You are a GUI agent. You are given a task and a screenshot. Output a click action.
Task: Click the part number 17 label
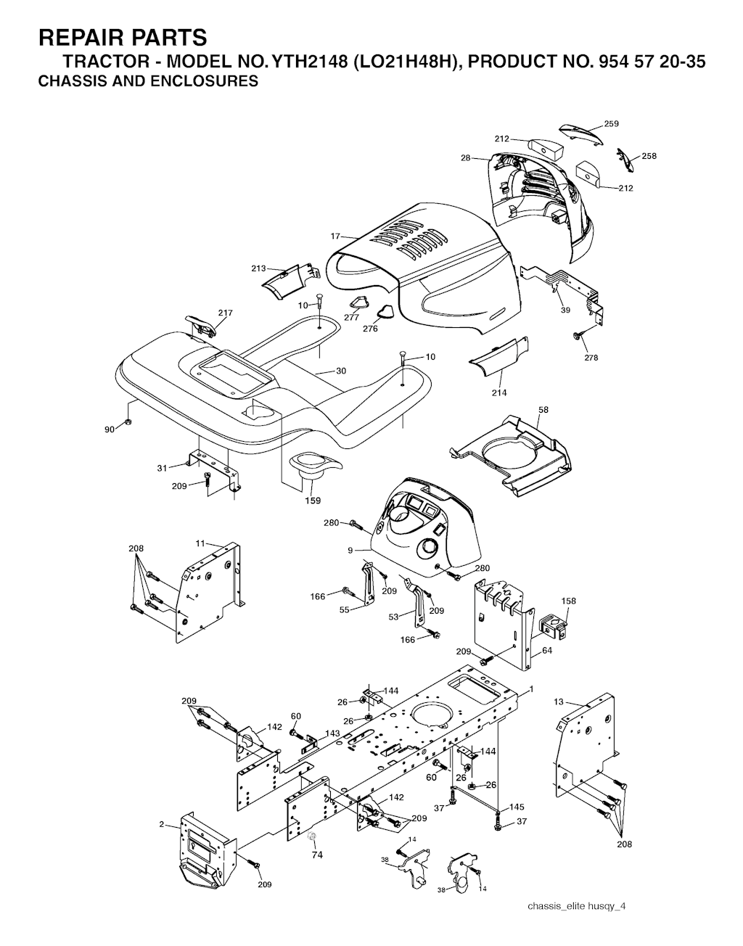pos(335,236)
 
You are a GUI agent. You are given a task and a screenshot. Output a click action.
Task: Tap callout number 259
pos(611,123)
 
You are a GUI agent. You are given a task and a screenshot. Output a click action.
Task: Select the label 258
pos(649,156)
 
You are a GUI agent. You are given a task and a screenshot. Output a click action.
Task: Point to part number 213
pos(258,268)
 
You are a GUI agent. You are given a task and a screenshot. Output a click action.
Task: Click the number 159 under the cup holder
pos(313,501)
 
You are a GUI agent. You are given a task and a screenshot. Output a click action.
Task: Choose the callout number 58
pos(543,410)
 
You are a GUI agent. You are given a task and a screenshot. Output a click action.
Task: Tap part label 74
pos(317,855)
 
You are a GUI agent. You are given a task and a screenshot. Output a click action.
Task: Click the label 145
pos(517,807)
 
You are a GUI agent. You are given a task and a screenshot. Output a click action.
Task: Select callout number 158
pos(568,601)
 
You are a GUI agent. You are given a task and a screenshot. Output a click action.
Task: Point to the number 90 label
pos(110,429)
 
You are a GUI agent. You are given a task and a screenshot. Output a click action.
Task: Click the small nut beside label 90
pos(128,421)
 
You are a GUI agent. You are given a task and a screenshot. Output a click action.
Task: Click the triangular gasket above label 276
pos(385,312)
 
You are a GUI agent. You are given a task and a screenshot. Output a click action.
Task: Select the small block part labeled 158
pos(554,625)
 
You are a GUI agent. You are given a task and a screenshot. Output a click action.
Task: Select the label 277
pos(351,317)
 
